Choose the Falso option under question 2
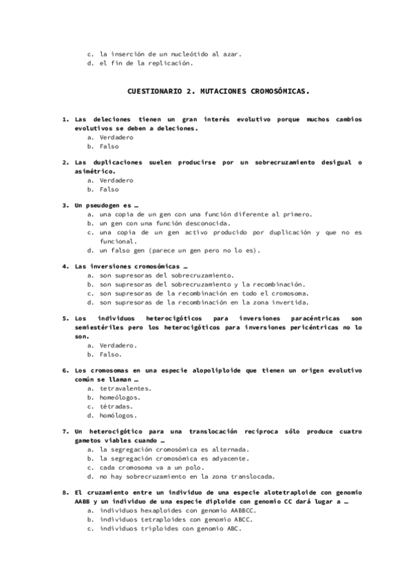[109, 189]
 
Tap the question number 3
[65, 205]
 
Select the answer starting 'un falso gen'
[180, 251]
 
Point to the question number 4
[65, 266]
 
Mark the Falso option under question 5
[111, 354]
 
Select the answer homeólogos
[120, 397]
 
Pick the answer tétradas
[116, 406]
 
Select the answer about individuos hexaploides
[178, 511]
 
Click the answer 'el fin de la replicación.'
[147, 63]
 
